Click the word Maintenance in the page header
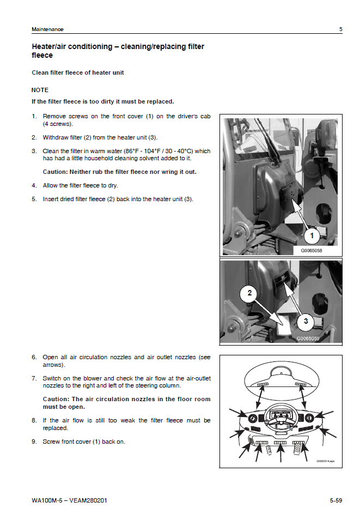[x=47, y=29]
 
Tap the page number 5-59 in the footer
[x=335, y=500]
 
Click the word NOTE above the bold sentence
[x=40, y=90]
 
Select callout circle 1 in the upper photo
[x=311, y=236]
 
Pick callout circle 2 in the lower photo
[x=249, y=293]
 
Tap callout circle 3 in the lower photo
[x=306, y=321]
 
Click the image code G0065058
[x=312, y=251]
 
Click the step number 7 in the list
[x=34, y=378]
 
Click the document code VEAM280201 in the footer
[x=88, y=500]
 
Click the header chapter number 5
[x=341, y=29]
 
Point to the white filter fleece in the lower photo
[x=283, y=328]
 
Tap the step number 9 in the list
[x=34, y=442]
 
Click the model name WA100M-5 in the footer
[x=46, y=500]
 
